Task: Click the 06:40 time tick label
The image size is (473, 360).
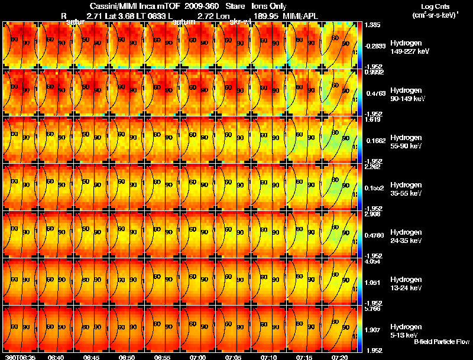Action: click(56, 357)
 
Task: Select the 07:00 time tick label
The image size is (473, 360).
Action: click(197, 357)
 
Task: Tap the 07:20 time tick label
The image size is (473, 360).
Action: click(339, 357)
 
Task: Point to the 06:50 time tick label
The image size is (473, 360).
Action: click(127, 357)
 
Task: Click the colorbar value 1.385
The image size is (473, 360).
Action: click(372, 25)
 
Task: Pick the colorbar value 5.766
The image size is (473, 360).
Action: click(372, 309)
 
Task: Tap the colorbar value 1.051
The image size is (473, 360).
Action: click(372, 283)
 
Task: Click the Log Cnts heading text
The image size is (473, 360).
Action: click(434, 7)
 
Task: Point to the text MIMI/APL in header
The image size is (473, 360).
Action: click(310, 15)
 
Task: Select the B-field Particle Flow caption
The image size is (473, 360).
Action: click(441, 342)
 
